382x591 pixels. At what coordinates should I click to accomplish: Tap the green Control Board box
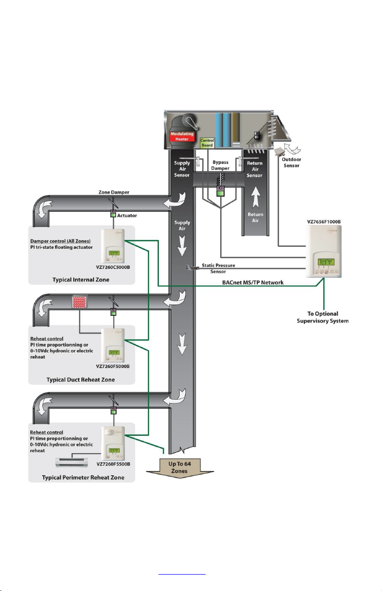207,143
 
